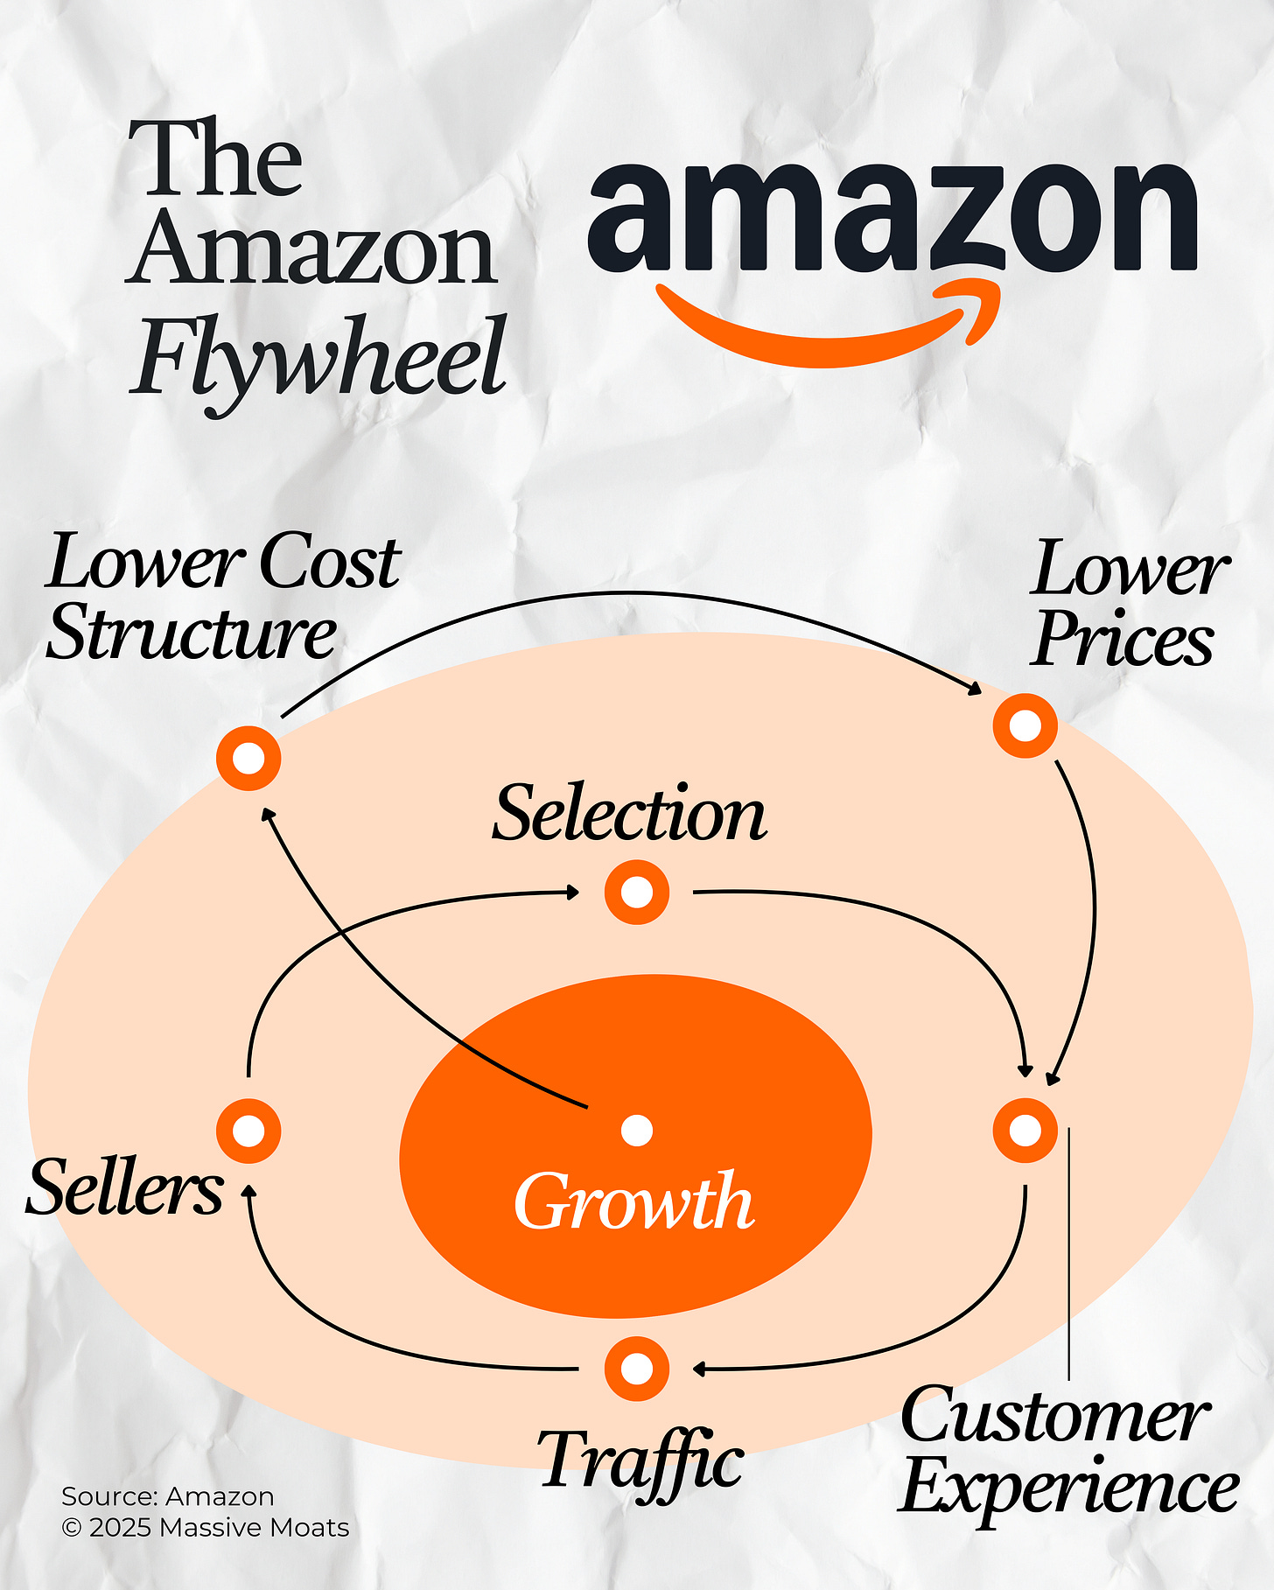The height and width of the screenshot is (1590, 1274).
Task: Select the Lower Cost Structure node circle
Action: click(x=249, y=758)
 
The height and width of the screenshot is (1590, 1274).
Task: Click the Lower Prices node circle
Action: click(x=1025, y=725)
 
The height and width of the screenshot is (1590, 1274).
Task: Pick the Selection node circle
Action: click(x=637, y=893)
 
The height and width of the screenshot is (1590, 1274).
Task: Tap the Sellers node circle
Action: click(x=249, y=1131)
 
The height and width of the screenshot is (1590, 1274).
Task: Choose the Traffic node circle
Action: click(x=637, y=1368)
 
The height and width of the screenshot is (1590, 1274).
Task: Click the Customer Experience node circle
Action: click(x=1025, y=1131)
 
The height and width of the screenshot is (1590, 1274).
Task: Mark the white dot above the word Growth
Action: click(x=637, y=1131)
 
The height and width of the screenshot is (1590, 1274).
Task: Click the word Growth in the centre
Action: click(x=634, y=1201)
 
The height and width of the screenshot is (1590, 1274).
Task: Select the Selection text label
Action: click(x=629, y=814)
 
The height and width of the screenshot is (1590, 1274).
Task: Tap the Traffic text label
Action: click(x=641, y=1460)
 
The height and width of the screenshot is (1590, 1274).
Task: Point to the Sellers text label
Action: click(x=125, y=1187)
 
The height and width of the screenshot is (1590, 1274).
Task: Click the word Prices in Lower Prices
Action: click(x=1123, y=639)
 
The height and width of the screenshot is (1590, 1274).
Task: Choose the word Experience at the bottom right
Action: click(x=1069, y=1487)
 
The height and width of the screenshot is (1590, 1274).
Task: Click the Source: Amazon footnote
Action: click(x=168, y=1496)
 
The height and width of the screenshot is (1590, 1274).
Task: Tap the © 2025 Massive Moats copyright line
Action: click(x=206, y=1528)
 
